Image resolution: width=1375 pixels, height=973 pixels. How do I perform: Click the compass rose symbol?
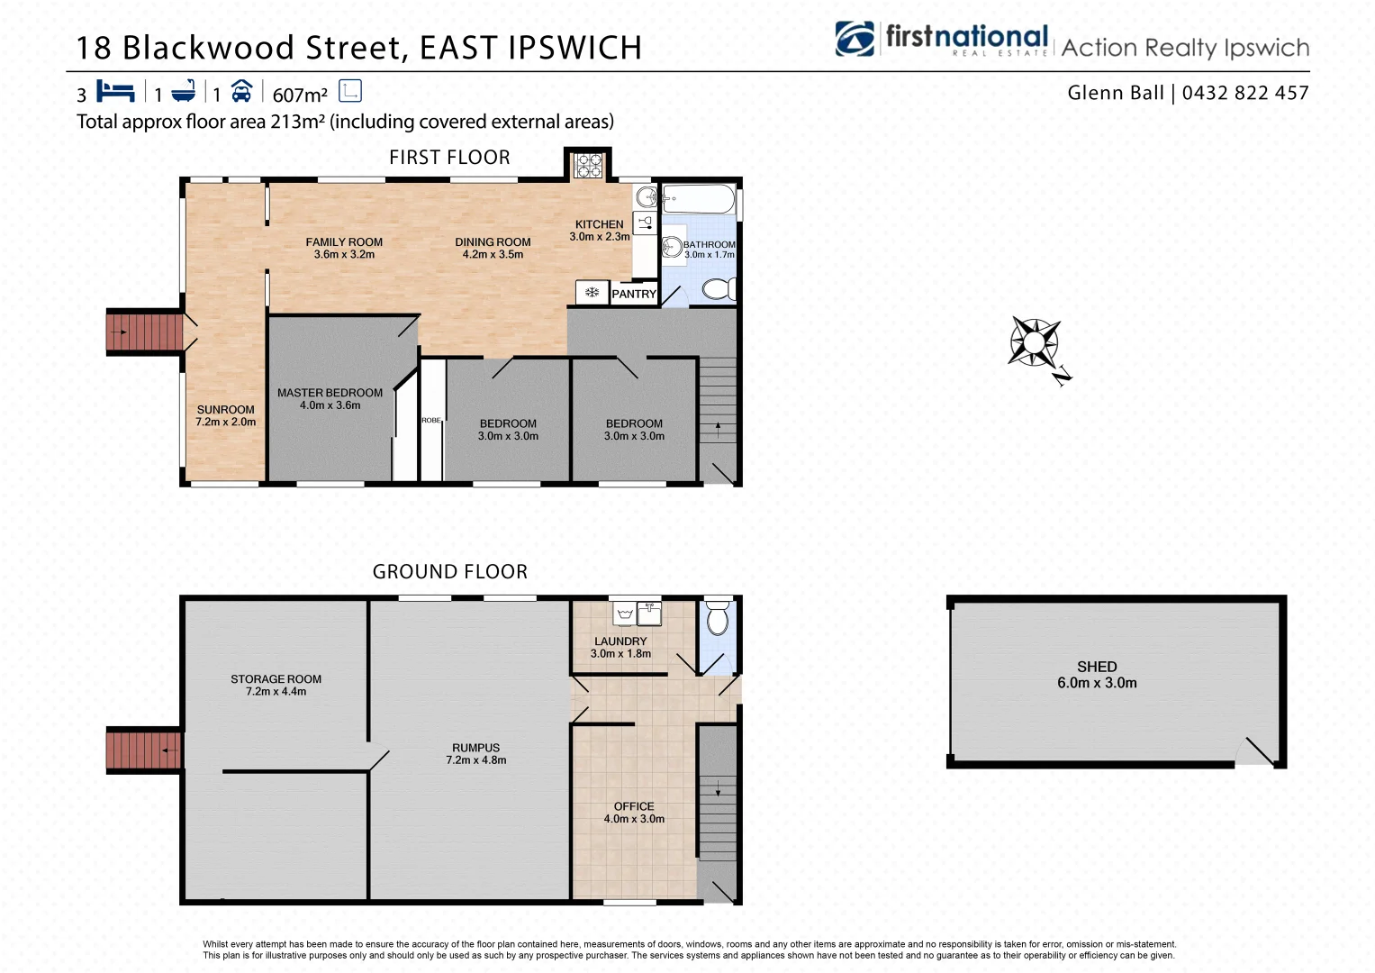pos(1035,343)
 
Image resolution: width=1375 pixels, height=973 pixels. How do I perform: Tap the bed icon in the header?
pos(115,92)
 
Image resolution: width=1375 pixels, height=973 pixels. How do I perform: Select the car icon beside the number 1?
pos(241,91)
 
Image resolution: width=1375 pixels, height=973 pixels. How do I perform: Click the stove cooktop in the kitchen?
pos(589,165)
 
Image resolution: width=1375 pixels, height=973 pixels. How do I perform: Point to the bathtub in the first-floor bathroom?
pos(699,198)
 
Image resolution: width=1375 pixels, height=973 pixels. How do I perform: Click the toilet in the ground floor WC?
pos(718,619)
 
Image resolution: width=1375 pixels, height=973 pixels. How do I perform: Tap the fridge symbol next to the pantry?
pos(592,293)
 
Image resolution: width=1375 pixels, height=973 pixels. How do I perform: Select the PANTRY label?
pos(634,294)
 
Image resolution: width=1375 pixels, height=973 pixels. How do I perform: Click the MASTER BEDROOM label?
pos(330,393)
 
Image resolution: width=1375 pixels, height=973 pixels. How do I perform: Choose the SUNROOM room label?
pos(225,409)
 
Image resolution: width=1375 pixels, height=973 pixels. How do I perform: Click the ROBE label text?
pos(431,421)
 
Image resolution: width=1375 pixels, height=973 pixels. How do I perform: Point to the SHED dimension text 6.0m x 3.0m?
pos(1097,683)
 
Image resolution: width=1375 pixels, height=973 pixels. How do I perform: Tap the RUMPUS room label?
pos(475,748)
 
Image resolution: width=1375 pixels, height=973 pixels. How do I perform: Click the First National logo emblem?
pos(855,39)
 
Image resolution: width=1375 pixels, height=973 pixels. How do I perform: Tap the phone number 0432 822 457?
pos(1245,93)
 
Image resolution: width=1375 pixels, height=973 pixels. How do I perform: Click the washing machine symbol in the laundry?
pos(625,614)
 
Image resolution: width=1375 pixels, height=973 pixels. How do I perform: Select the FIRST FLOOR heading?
pos(449,158)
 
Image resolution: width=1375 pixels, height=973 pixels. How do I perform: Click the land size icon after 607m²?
pos(350,91)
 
